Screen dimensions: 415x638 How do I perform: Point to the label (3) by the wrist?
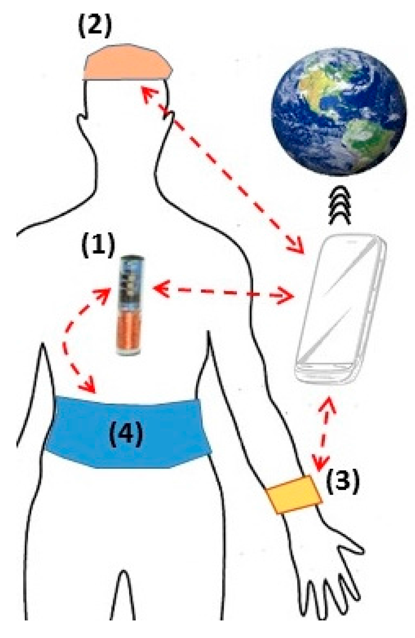343,482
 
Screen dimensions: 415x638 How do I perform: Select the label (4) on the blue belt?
126,435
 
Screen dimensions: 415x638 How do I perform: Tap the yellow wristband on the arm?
293,495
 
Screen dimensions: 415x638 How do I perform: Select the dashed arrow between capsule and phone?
223,292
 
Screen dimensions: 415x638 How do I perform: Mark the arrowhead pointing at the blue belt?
89,387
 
